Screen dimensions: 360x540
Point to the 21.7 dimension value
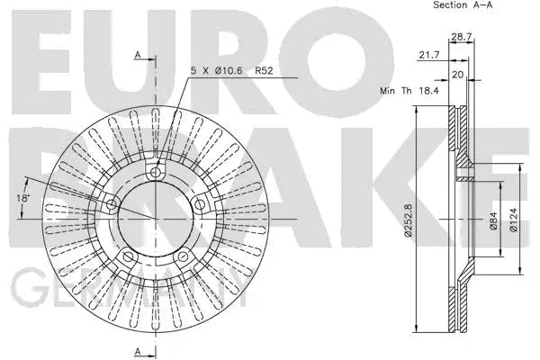[428, 56]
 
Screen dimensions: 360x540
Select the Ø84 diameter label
[493, 220]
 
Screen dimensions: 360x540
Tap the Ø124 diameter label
[513, 220]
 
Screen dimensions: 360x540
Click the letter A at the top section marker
[137, 56]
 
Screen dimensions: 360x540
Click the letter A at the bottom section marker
[137, 350]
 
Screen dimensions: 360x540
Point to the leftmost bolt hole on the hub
[112, 205]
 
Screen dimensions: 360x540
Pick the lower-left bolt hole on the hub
[129, 256]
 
